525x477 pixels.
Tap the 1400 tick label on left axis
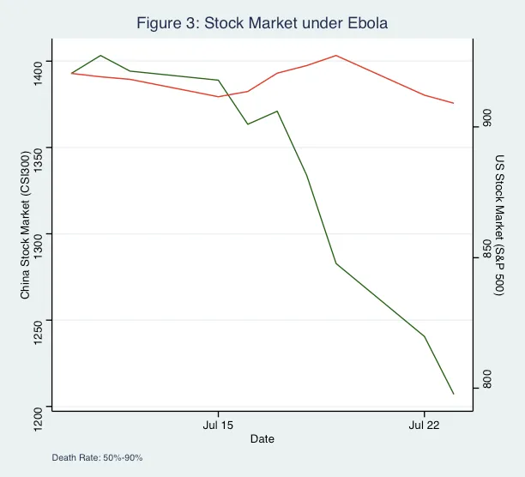(37, 61)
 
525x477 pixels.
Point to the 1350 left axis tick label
(37, 148)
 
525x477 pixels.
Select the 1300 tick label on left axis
(37, 234)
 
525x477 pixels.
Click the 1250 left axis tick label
(37, 320)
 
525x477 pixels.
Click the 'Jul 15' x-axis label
(218, 425)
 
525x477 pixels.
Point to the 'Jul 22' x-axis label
(424, 425)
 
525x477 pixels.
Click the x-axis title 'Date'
(262, 439)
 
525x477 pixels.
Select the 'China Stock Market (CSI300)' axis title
(25, 225)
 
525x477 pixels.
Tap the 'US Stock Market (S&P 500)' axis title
(500, 225)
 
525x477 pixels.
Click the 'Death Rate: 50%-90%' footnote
(97, 458)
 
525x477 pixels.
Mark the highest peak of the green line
(101, 56)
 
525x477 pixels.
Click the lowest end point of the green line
(453, 394)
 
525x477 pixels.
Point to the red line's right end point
(453, 104)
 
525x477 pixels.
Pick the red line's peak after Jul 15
(336, 56)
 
